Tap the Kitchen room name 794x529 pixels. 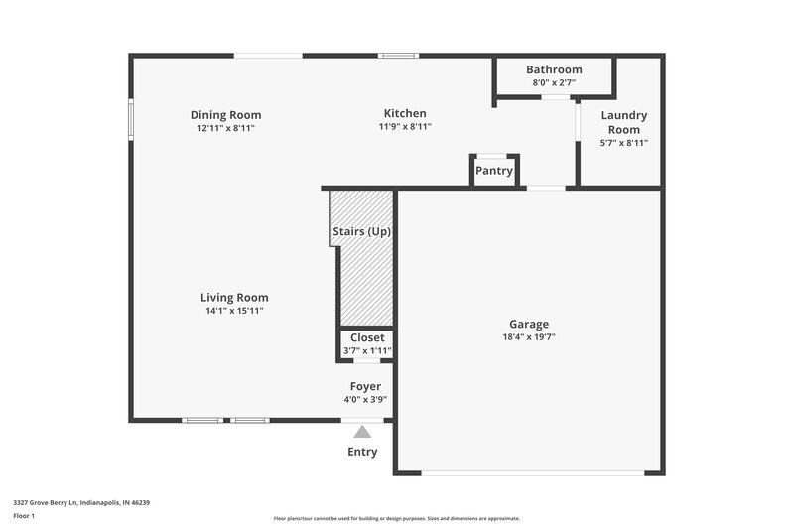[x=405, y=114]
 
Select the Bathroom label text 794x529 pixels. [x=554, y=69]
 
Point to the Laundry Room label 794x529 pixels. [x=624, y=123]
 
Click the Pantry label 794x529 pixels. [x=494, y=171]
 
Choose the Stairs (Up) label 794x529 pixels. [x=360, y=232]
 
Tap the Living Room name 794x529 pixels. [x=234, y=298]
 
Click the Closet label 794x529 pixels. [x=367, y=338]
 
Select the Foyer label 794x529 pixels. [x=365, y=386]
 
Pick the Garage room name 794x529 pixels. [x=529, y=324]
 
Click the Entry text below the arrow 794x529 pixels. [x=362, y=452]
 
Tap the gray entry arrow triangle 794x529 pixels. [x=363, y=432]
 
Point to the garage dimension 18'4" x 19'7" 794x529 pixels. [x=529, y=337]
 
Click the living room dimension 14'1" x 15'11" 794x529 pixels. [x=234, y=311]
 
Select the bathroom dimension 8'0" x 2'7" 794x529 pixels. [x=554, y=83]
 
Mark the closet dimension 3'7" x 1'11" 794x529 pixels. [x=367, y=351]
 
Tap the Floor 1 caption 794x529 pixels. [x=24, y=517]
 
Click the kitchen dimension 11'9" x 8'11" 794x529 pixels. [x=405, y=127]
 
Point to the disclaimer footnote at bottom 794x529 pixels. [x=397, y=518]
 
